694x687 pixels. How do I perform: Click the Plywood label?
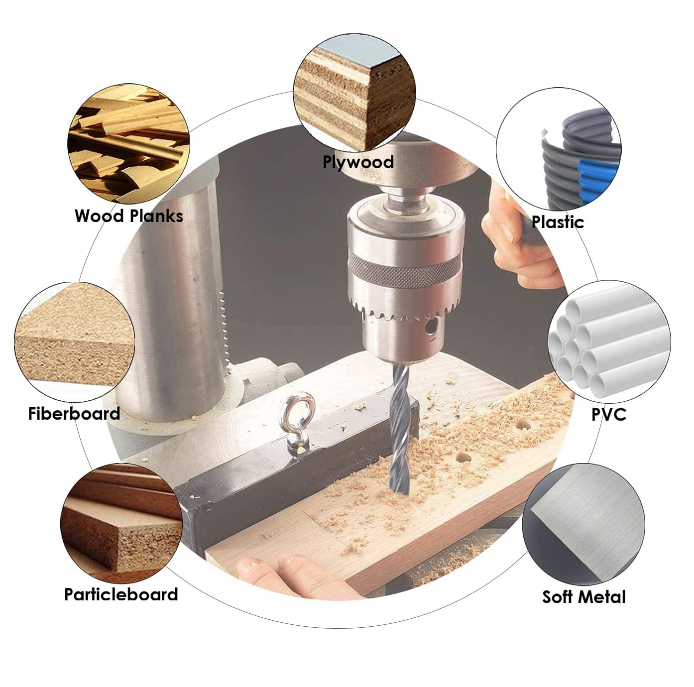pos(358,162)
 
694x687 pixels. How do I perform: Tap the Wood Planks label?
pos(129,216)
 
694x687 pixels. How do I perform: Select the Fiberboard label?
pos(74,414)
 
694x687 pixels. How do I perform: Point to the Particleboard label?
pos(121,594)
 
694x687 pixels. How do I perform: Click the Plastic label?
pos(558,222)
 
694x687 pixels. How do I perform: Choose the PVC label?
pos(609,414)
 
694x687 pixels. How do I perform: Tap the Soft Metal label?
pos(584,597)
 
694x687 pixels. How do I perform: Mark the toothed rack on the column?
pos(224,324)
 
